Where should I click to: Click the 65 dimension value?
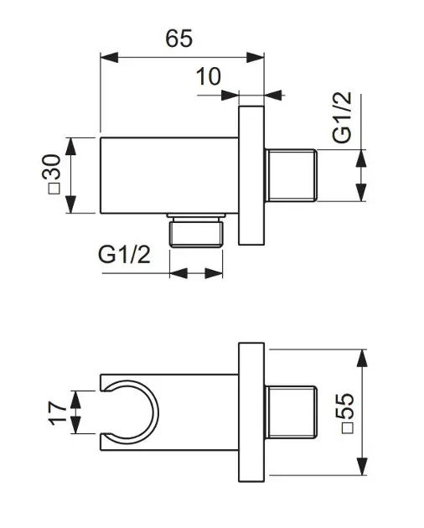[178, 38]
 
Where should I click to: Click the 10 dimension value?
[209, 76]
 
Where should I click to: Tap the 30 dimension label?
[53, 166]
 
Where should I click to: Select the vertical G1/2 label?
[342, 117]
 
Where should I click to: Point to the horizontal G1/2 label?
[124, 254]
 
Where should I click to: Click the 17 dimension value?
[59, 413]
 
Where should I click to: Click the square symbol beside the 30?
[54, 189]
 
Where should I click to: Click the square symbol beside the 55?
[347, 427]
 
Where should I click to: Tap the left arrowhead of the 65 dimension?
[110, 58]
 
